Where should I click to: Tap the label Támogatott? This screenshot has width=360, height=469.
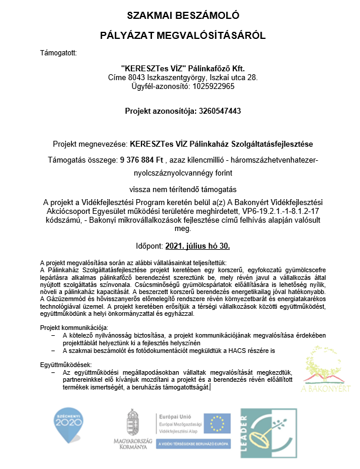point(58,54)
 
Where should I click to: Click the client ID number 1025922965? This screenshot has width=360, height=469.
point(210,86)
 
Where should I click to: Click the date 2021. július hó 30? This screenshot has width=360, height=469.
point(197,247)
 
